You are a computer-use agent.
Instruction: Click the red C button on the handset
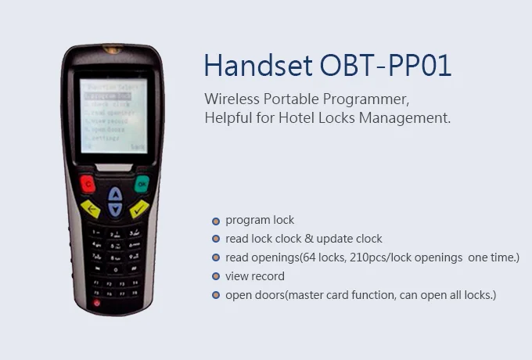tap(86, 185)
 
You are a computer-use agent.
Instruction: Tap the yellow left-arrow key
tap(91, 209)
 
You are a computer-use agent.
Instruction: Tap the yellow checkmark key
tap(140, 209)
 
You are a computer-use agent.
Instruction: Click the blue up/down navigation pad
tap(115, 201)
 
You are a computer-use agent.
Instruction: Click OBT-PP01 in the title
tap(386, 66)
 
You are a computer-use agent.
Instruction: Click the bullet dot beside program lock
tap(215, 221)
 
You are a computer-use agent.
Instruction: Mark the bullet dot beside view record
tap(215, 277)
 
